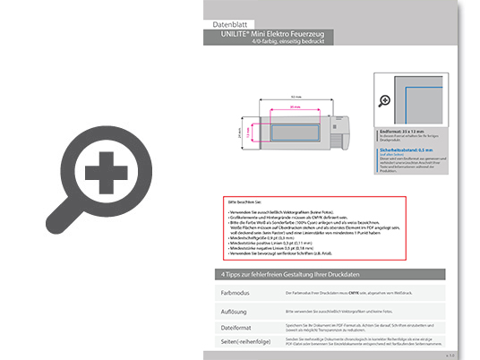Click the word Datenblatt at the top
(x=232, y=23)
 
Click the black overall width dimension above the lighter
(x=282, y=97)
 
